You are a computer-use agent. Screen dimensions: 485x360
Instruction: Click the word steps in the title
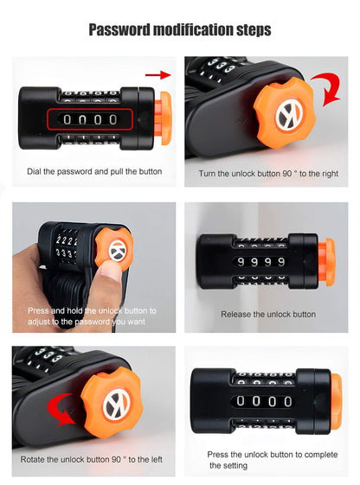tap(248, 30)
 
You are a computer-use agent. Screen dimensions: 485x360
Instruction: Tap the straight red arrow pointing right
tap(157, 76)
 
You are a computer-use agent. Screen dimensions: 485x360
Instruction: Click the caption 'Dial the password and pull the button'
tap(94, 171)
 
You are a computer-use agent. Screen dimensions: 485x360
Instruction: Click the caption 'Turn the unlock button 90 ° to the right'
tap(269, 173)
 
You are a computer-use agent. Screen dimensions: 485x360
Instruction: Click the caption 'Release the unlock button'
tap(267, 314)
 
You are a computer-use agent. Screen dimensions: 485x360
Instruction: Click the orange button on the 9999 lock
tap(325, 262)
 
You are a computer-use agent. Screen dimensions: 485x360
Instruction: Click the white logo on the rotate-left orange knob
tap(117, 405)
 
